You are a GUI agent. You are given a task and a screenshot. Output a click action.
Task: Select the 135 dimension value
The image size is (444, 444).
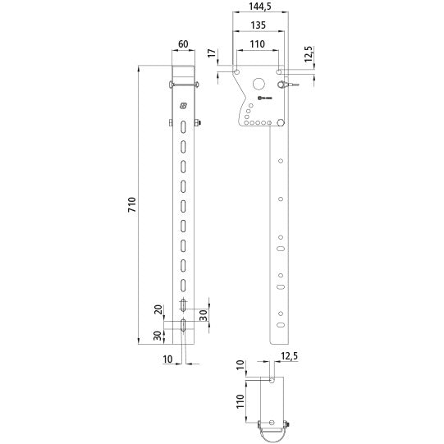tap(258, 25)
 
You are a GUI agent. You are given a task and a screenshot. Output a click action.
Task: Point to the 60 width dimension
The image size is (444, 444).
tap(182, 44)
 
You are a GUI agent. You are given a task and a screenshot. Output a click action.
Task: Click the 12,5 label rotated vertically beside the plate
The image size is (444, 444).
tap(309, 54)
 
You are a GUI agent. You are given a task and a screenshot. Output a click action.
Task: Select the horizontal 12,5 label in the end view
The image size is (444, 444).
tap(288, 356)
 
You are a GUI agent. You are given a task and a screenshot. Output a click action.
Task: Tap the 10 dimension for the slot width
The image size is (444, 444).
tap(168, 359)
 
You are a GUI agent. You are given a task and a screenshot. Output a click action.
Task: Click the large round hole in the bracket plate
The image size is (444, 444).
tap(260, 83)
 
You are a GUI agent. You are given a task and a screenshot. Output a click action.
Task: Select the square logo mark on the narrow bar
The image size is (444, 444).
tap(182, 105)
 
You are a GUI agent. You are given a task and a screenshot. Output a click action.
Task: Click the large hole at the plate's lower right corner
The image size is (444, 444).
tap(281, 122)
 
